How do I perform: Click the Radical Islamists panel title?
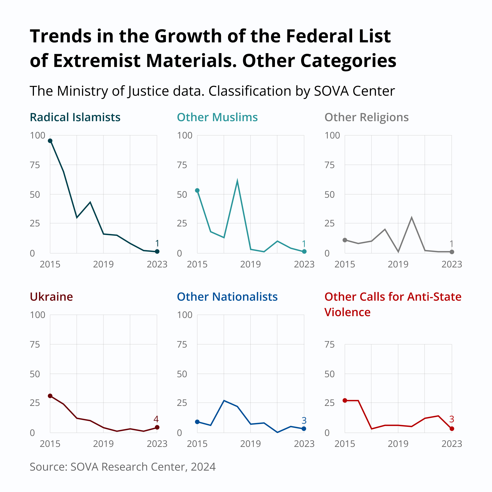(x=75, y=117)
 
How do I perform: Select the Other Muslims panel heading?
(x=217, y=117)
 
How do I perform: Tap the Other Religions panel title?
(x=366, y=117)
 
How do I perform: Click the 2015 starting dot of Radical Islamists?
(x=50, y=141)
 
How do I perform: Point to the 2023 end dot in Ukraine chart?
(x=157, y=427)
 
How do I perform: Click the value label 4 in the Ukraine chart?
(x=156, y=419)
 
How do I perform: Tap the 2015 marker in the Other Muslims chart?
(x=197, y=190)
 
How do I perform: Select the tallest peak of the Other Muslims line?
(x=237, y=181)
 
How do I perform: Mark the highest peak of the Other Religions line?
(x=412, y=218)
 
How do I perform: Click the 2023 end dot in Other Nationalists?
(x=304, y=429)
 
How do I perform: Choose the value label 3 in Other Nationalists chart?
(x=304, y=420)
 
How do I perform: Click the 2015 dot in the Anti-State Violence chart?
(x=345, y=400)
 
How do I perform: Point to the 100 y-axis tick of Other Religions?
(x=332, y=136)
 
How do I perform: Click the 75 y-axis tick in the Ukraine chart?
(x=35, y=345)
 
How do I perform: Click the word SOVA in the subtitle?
(x=331, y=91)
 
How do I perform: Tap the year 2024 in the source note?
(x=203, y=467)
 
